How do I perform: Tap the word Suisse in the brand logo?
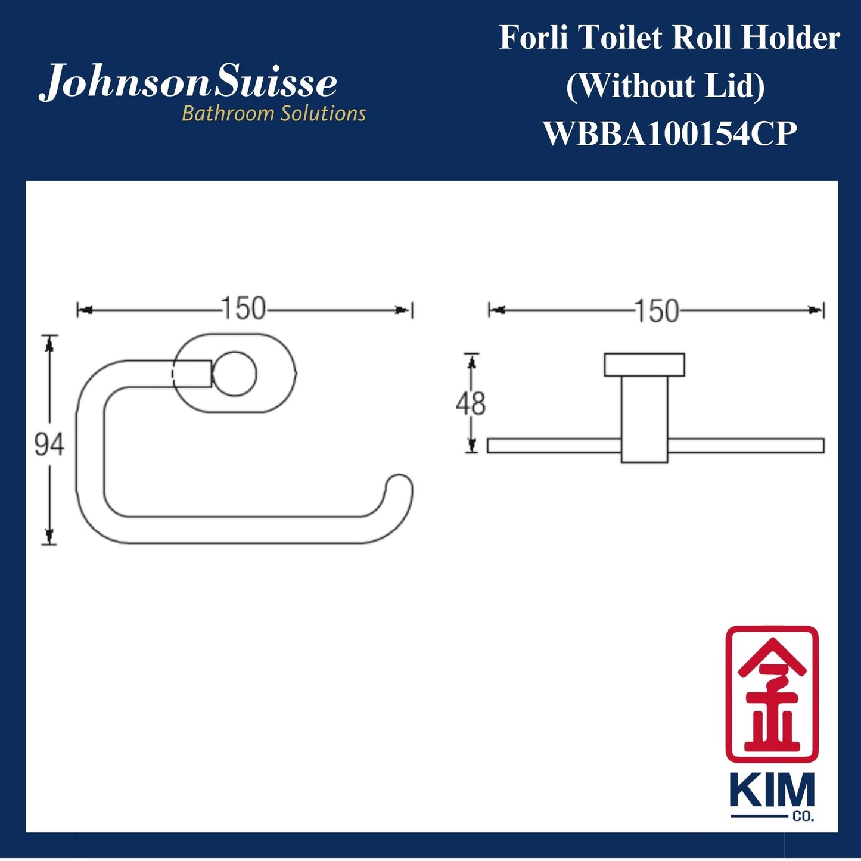[275, 83]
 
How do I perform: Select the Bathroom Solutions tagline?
[273, 113]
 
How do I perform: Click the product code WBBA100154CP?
[670, 133]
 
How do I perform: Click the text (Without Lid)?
[665, 86]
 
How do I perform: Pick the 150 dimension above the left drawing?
[243, 309]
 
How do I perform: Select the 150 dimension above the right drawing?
[656, 311]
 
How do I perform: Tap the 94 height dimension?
[49, 445]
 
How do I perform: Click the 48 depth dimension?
[471, 403]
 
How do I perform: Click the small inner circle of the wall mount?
[235, 374]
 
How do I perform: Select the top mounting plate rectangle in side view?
[644, 365]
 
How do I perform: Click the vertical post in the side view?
[644, 417]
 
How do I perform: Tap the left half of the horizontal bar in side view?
[554, 446]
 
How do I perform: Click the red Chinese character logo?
[772, 694]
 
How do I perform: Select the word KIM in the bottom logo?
[772, 792]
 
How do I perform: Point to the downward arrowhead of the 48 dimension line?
[471, 446]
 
